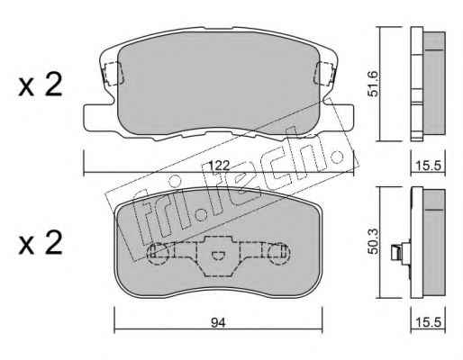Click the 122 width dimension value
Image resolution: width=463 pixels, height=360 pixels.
pos(220,166)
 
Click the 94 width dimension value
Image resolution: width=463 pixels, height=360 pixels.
pos(218,323)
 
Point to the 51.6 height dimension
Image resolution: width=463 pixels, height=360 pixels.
pos(373,84)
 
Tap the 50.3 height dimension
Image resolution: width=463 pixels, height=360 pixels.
pos(373,240)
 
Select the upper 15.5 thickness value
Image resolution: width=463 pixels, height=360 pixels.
pos(428,166)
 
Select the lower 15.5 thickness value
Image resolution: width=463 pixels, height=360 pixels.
pos(428,323)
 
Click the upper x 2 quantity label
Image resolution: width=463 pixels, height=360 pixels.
pos(41,85)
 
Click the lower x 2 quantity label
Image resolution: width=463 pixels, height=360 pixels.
pos(41,242)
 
